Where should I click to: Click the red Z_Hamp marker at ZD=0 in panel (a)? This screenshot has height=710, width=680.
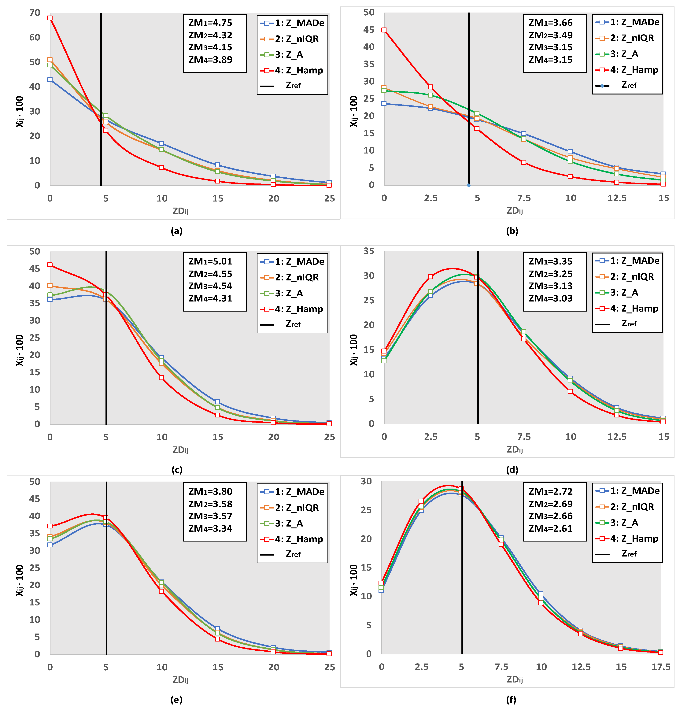coord(50,18)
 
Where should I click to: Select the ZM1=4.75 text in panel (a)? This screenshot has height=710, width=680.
coord(210,23)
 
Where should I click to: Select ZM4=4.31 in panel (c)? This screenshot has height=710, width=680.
coord(210,298)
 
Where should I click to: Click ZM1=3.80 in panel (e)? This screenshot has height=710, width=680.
coord(210,492)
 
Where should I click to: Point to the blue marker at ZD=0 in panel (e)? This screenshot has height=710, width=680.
coord(50,545)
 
